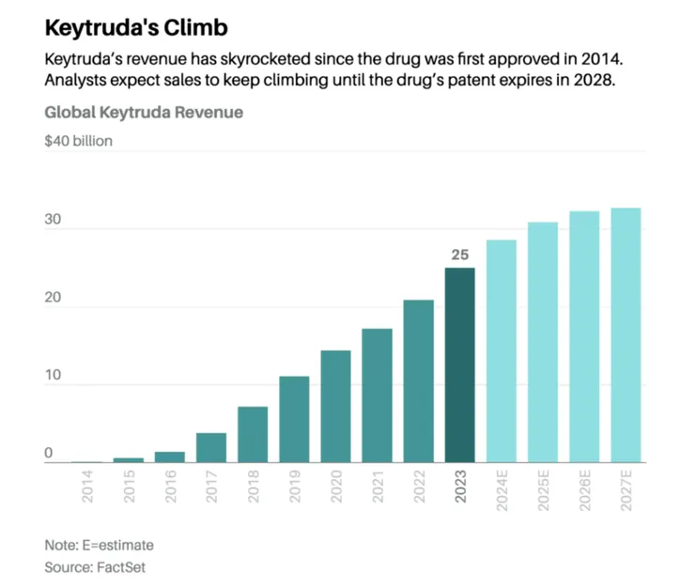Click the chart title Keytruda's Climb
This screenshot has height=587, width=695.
click(x=136, y=26)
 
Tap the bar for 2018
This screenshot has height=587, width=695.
click(x=253, y=434)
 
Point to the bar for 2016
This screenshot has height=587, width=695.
click(x=170, y=457)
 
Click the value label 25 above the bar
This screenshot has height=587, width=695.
click(x=459, y=254)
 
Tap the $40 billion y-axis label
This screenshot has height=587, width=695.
click(x=79, y=142)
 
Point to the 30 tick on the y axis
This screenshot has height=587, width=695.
click(x=53, y=221)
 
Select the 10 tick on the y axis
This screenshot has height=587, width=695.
click(x=53, y=377)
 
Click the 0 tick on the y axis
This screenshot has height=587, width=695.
click(x=49, y=455)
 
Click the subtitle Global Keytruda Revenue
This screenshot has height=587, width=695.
click(x=144, y=113)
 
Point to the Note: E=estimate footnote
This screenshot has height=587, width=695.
click(x=99, y=545)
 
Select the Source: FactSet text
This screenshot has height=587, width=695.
click(x=95, y=567)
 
